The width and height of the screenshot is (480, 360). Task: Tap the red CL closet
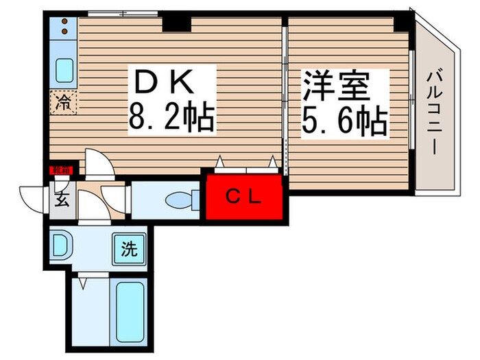tap(245, 197)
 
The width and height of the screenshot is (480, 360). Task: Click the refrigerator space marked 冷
tap(64, 104)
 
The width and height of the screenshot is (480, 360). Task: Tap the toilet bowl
tap(180, 199)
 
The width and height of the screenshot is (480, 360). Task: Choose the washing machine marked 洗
tap(130, 248)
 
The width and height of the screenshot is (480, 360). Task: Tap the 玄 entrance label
tap(60, 201)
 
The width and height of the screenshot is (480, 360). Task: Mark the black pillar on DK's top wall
tap(176, 22)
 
